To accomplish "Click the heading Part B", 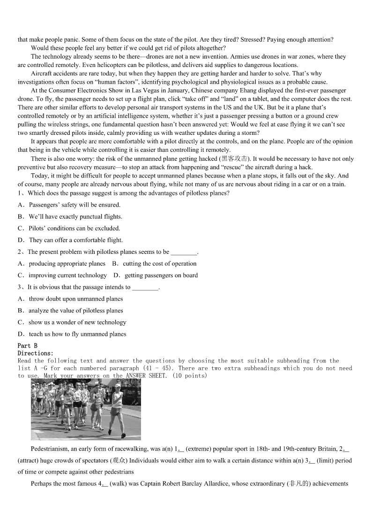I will (x=27, y=346).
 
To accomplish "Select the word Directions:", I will (x=36, y=353).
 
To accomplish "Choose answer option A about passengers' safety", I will (x=69, y=205).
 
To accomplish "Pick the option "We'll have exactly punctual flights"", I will (x=70, y=216).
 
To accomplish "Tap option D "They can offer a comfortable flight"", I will (x=70, y=240).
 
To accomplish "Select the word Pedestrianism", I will (x=49, y=449).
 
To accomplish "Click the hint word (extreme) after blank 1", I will (x=199, y=449).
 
